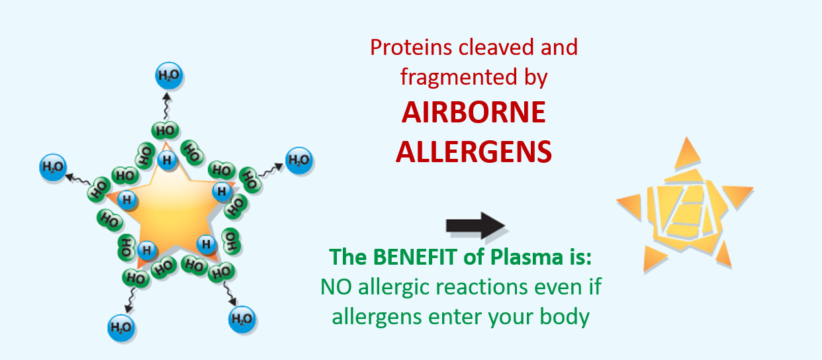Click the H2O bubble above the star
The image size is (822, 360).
click(x=169, y=75)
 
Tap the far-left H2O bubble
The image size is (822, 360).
click(x=53, y=167)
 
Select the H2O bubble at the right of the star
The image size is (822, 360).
click(x=299, y=160)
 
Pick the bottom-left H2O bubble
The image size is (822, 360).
click(x=121, y=328)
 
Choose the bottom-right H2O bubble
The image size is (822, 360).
click(x=242, y=319)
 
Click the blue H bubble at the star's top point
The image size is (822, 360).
click(x=167, y=160)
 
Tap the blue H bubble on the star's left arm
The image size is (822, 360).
click(x=127, y=200)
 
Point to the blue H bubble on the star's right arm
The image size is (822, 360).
click(x=222, y=191)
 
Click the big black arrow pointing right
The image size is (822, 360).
click(x=475, y=225)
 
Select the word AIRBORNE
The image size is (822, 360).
click(x=474, y=112)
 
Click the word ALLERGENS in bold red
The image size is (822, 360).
click(x=474, y=152)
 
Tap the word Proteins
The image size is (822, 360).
click(x=410, y=48)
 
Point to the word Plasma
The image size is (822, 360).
click(x=527, y=257)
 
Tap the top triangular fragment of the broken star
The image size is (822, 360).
click(x=686, y=154)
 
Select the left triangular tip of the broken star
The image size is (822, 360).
click(x=629, y=206)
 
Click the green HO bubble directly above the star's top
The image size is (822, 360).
click(x=165, y=130)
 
